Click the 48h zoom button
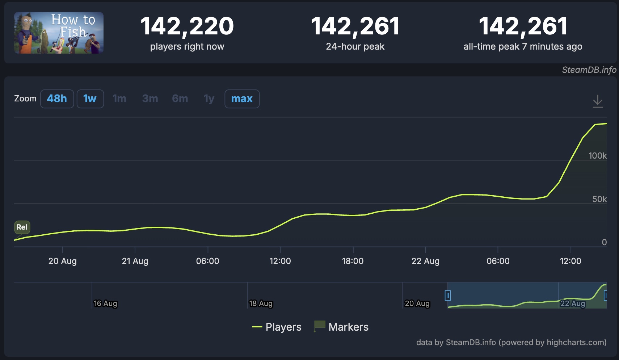[x=57, y=99]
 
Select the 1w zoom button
[x=90, y=99]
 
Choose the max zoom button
[x=242, y=99]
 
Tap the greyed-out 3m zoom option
[x=150, y=99]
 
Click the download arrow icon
[x=598, y=101]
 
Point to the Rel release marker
[x=22, y=227]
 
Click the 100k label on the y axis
[x=597, y=156]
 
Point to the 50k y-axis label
[x=599, y=199]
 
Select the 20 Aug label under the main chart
[x=63, y=261]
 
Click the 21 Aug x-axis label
[x=135, y=261]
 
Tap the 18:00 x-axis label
[x=353, y=261]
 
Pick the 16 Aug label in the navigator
[x=105, y=304]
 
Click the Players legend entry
[x=277, y=327]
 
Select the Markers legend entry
[x=341, y=327]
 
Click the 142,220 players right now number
[x=187, y=26]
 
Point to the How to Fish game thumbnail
[x=59, y=33]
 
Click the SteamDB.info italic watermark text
[x=589, y=70]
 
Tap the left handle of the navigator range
[x=448, y=295]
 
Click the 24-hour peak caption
[x=355, y=46]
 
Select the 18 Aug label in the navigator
[x=261, y=304]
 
